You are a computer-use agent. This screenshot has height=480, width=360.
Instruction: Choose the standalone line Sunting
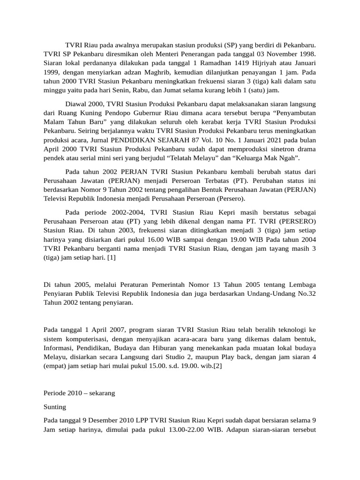[55, 407]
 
